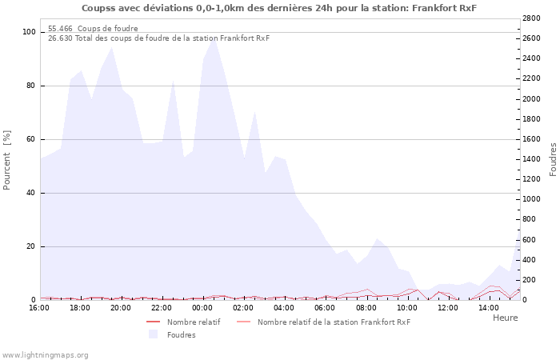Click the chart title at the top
279,8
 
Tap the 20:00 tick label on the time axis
121,308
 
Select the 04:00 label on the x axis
284,308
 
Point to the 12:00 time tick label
447,308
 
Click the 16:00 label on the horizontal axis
39,308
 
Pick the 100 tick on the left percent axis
30,32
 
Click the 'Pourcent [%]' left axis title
7,160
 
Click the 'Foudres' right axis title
552,159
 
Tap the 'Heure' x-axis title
505,318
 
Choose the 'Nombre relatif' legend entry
193,322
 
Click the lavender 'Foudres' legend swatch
153,334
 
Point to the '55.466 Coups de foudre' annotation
93,29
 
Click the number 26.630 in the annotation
60,38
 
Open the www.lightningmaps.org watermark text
46,354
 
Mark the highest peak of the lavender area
213,38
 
